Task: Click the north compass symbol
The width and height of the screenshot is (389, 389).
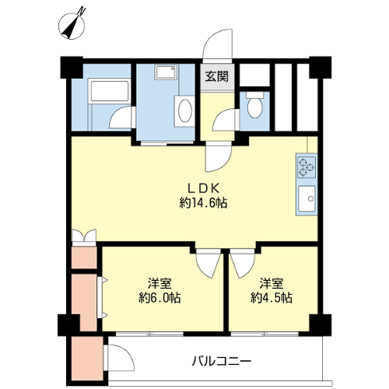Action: click(72, 26)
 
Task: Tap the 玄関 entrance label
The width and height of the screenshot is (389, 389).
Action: click(217, 76)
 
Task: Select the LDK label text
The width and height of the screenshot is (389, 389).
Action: click(204, 188)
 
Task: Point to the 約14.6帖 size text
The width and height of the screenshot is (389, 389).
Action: click(203, 203)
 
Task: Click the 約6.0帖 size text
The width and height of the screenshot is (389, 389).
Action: click(159, 298)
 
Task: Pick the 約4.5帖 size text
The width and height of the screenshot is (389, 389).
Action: click(272, 298)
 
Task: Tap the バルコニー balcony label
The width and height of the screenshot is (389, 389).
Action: click(222, 361)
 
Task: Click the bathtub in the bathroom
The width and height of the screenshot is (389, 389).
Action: click(109, 92)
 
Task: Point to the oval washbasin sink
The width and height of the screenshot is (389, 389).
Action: click(184, 110)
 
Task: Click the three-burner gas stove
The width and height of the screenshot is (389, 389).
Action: click(307, 167)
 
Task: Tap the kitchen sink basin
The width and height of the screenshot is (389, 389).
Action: click(307, 199)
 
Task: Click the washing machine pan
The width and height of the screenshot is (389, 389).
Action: click(166, 72)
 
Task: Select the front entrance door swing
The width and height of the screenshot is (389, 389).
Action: click(218, 44)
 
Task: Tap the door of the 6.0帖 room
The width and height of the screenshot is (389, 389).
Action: click(209, 264)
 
